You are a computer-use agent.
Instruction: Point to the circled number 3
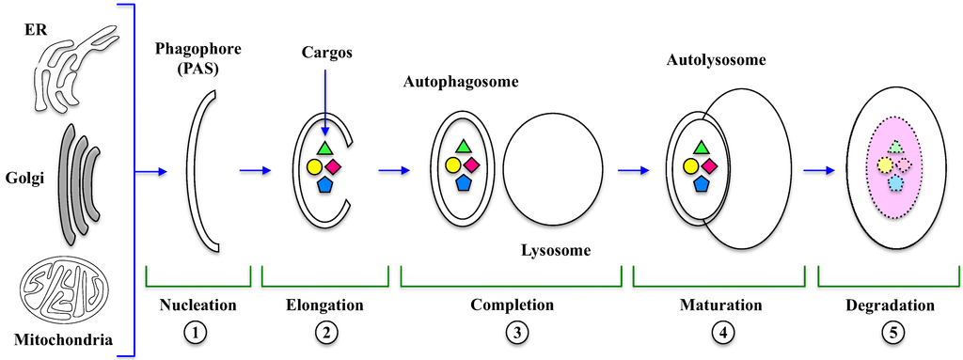pyautogui.click(x=512, y=331)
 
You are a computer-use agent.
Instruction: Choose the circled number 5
pyautogui.click(x=889, y=331)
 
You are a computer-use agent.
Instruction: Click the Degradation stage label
pyautogui.click(x=889, y=305)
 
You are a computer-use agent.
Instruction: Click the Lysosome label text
pyautogui.click(x=555, y=250)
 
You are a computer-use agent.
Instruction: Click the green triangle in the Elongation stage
pyautogui.click(x=324, y=148)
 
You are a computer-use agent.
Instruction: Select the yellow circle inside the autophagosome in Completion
pyautogui.click(x=453, y=166)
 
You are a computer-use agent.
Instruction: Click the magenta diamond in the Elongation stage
pyautogui.click(x=333, y=165)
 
